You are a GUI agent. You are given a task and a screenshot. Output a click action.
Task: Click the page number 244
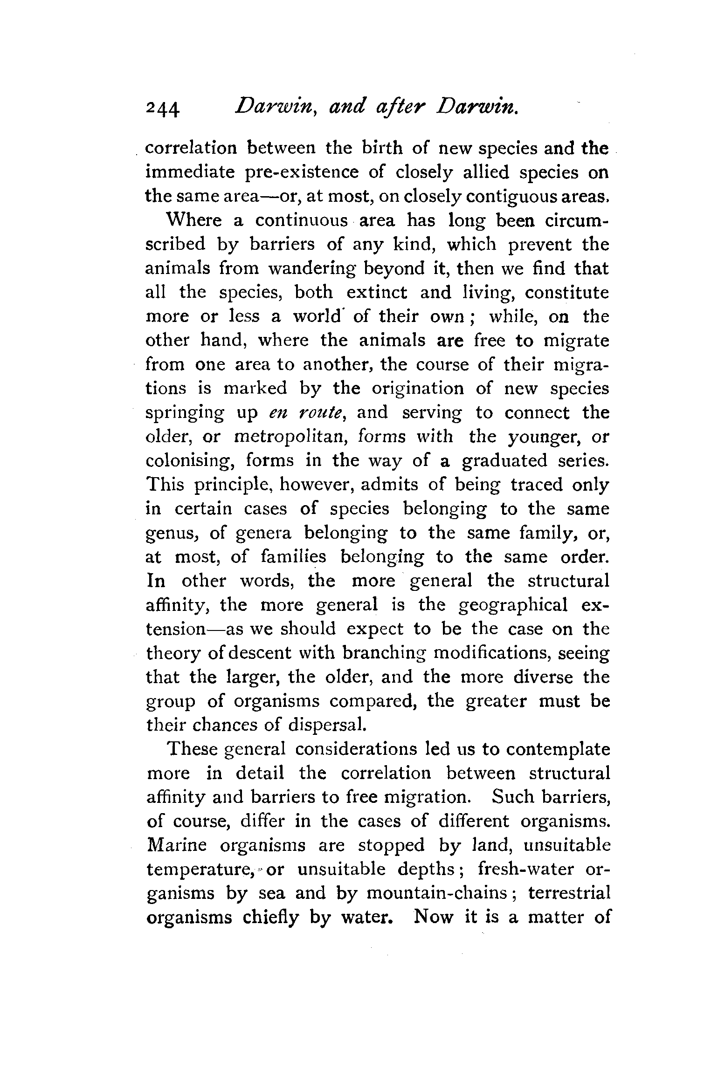tap(162, 111)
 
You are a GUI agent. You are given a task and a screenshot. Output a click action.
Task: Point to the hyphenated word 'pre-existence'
tap(302, 173)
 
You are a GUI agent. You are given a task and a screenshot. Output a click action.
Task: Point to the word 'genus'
tap(173, 534)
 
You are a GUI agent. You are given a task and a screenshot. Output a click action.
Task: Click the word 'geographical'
tap(513, 605)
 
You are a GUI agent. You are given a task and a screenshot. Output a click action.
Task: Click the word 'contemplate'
tap(558, 749)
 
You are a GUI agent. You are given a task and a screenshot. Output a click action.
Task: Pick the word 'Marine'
tap(176, 845)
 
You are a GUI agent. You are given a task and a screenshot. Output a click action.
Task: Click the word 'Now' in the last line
tap(433, 917)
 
